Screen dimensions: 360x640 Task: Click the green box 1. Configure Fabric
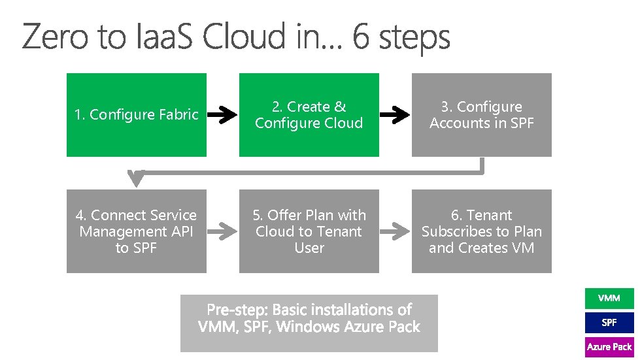pyautogui.click(x=136, y=115)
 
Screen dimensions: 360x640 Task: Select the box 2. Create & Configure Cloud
pyautogui.click(x=309, y=115)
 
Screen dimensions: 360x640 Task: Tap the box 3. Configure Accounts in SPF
pyautogui.click(x=481, y=115)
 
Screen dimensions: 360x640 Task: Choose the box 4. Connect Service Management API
pyautogui.click(x=136, y=231)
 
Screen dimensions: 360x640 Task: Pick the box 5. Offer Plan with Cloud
pyautogui.click(x=309, y=231)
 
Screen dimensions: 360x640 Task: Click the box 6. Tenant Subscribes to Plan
pyautogui.click(x=481, y=231)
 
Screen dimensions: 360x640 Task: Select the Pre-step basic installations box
pyautogui.click(x=309, y=323)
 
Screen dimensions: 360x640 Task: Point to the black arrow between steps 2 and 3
pyautogui.click(x=395, y=116)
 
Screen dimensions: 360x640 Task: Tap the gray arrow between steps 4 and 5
pyautogui.click(x=222, y=231)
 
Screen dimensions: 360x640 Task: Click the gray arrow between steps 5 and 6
pyautogui.click(x=395, y=231)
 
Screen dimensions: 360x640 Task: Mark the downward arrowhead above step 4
pyautogui.click(x=136, y=177)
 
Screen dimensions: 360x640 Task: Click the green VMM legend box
pyautogui.click(x=609, y=298)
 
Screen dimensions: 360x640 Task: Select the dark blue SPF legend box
pyautogui.click(x=609, y=322)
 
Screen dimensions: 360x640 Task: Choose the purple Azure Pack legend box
pyautogui.click(x=609, y=346)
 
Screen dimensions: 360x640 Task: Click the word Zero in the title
pyautogui.click(x=54, y=37)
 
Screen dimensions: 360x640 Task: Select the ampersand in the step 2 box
pyautogui.click(x=340, y=106)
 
